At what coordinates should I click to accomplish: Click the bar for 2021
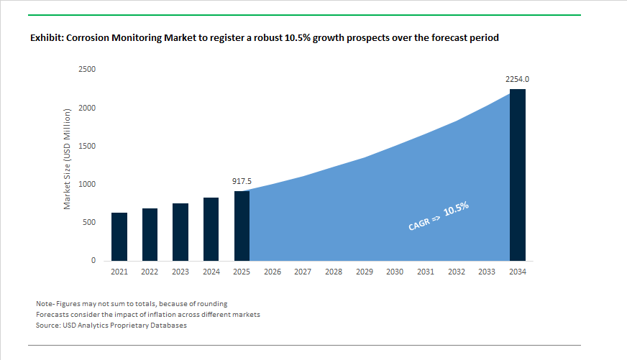pyautogui.click(x=119, y=236)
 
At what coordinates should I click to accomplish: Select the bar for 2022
pyautogui.click(x=150, y=234)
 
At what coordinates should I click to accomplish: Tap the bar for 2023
pyautogui.click(x=180, y=232)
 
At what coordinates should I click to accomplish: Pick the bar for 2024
pyautogui.click(x=211, y=229)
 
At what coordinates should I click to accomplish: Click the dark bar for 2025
pyautogui.click(x=242, y=226)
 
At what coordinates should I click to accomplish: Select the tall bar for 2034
pyautogui.click(x=517, y=175)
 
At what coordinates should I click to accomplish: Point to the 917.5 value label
pyautogui.click(x=242, y=182)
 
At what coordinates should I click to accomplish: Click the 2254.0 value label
pyautogui.click(x=517, y=79)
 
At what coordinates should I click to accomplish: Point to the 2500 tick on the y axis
pyautogui.click(x=87, y=70)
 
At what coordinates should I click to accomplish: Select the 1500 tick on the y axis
pyautogui.click(x=87, y=146)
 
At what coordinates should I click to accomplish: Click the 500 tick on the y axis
pyautogui.click(x=89, y=223)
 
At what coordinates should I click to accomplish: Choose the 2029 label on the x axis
pyautogui.click(x=364, y=272)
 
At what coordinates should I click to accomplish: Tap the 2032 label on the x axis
pyautogui.click(x=456, y=272)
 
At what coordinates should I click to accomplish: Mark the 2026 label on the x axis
pyautogui.click(x=273, y=272)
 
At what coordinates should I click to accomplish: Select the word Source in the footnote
pyautogui.click(x=47, y=326)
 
